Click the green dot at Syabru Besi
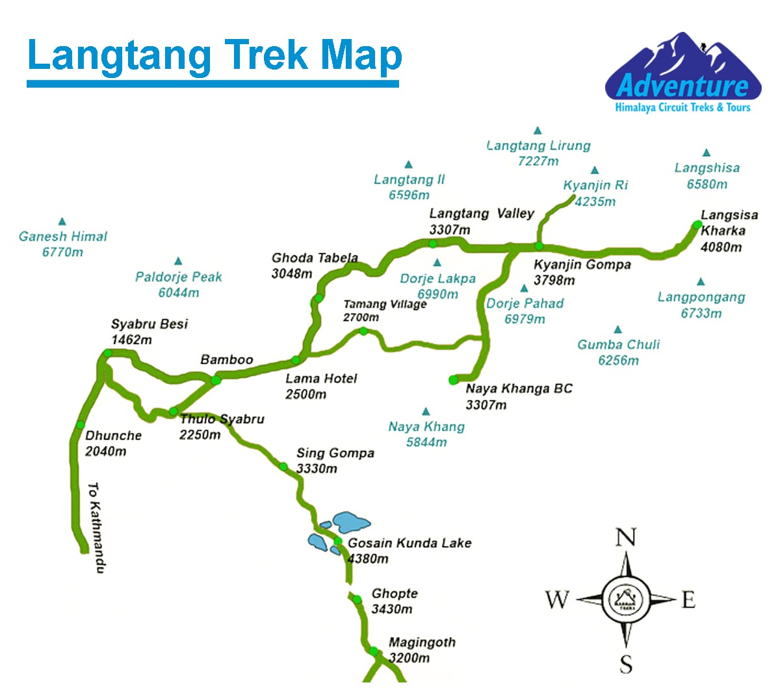[x=108, y=353]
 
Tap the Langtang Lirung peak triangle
[x=538, y=131]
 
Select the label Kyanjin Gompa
[x=582, y=265]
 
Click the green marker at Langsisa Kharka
[x=697, y=225]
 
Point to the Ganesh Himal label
[x=63, y=237]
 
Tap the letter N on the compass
[x=625, y=538]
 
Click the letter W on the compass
[x=557, y=599]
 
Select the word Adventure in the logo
[x=682, y=85]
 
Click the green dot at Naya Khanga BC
[x=453, y=380]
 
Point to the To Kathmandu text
[x=95, y=527]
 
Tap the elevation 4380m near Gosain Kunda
[x=369, y=559]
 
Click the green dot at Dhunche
[x=81, y=424]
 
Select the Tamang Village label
[x=385, y=304]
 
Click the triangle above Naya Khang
[x=426, y=411]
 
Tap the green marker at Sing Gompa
[x=283, y=466]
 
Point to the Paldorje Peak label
[x=179, y=277]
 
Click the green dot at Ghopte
[x=357, y=599]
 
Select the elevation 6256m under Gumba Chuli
[x=618, y=361]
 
